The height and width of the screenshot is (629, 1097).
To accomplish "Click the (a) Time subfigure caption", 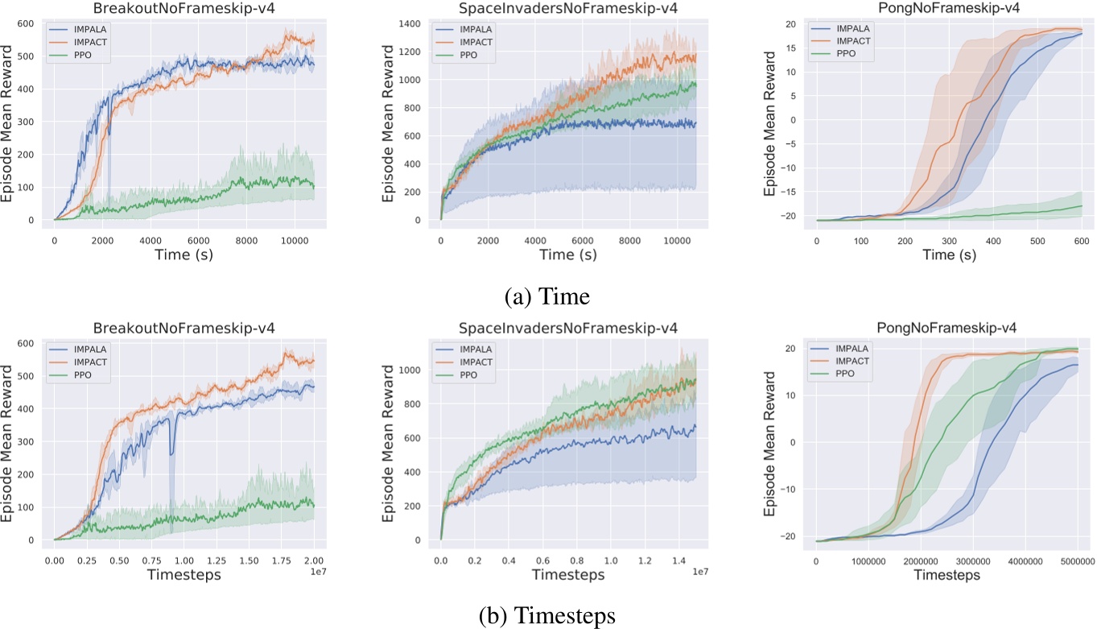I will tap(547, 297).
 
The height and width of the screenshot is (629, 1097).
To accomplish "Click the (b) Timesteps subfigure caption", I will tap(547, 615).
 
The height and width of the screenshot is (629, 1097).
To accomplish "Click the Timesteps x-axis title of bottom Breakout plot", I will tap(184, 577).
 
